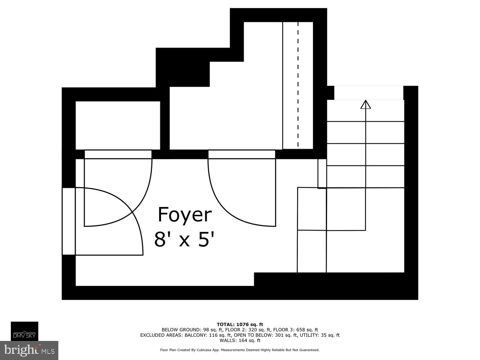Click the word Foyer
[185, 215]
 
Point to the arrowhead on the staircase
[365, 104]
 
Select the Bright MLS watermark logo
[29, 350]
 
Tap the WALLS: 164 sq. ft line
[240, 340]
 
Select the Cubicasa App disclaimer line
[240, 350]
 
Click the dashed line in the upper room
[298, 85]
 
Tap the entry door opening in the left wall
[68, 221]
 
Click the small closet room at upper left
[118, 125]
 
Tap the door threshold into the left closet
[118, 154]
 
